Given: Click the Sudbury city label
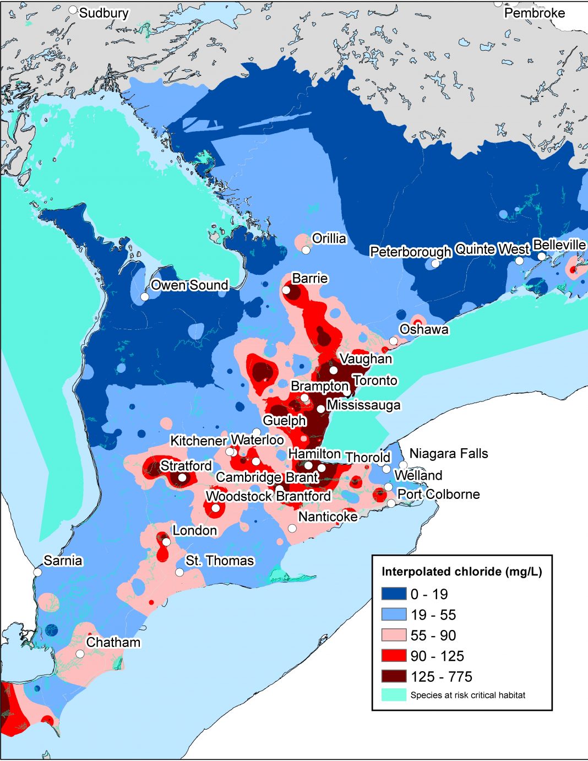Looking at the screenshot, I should point(104,13).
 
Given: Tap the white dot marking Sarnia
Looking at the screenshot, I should point(37,572).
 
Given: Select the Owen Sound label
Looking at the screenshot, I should point(189,285).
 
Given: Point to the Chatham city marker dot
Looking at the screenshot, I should point(80,654).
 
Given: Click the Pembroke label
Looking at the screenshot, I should point(535,13).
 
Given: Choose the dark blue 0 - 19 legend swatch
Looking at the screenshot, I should point(394,594).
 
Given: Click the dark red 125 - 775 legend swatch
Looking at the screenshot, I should point(394,677).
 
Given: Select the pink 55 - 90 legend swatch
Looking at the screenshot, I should point(394,635).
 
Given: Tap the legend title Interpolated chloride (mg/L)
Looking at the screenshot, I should point(461,572).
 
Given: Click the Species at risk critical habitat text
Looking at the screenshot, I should point(467,695).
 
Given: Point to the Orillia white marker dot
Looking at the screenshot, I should point(306,250).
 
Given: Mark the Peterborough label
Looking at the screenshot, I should point(410,252).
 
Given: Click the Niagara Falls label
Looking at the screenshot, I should point(449,454).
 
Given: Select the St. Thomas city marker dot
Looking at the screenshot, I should point(179,572).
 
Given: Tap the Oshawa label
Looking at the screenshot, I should point(424,329).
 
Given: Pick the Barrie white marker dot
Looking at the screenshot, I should point(286,290).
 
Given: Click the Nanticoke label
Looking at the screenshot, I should point(328,517).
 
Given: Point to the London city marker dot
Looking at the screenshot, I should point(166,542).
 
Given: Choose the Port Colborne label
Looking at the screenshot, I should point(438,494).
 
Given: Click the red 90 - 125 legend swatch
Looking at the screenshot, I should point(394,656).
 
